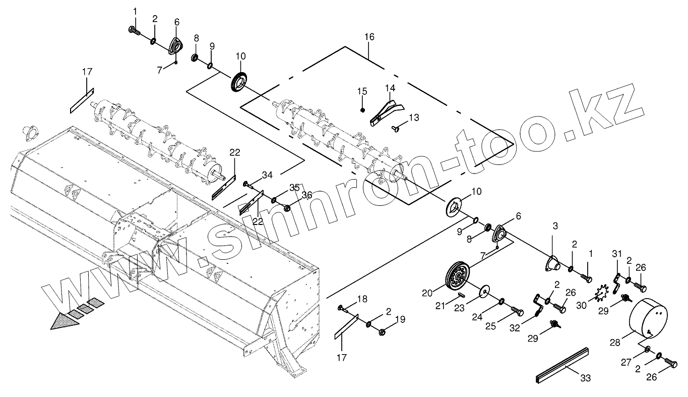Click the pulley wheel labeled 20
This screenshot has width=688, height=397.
(x=457, y=277)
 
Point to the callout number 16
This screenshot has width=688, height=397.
(x=369, y=37)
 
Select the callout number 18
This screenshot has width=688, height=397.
(x=362, y=300)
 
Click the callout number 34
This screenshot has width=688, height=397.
(x=267, y=175)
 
